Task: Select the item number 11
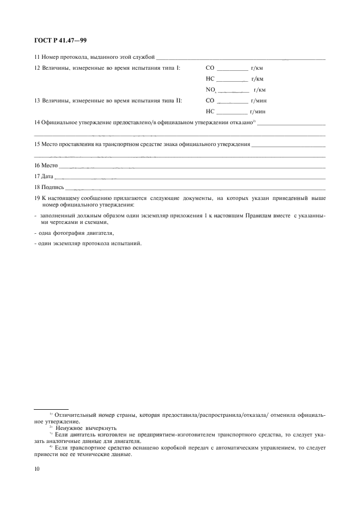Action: [37, 57]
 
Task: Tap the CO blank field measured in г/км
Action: [232, 69]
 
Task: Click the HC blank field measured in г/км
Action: [232, 80]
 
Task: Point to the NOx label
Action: [211, 90]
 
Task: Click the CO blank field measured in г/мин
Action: [232, 101]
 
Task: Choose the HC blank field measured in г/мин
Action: [232, 111]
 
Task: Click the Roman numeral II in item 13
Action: [178, 101]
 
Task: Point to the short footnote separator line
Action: [51, 408]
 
